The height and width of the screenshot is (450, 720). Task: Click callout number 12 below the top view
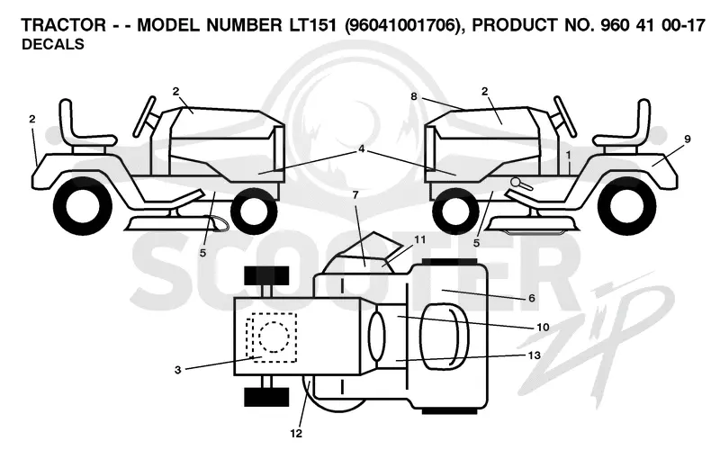tap(296, 433)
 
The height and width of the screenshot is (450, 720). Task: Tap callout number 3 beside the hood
tap(178, 370)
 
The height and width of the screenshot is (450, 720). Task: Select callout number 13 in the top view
tap(535, 355)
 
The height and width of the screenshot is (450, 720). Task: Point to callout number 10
tap(543, 327)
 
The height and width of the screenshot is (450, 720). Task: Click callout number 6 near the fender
tap(532, 298)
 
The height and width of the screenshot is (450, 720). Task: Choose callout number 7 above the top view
tap(355, 194)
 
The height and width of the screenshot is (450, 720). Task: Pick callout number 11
tap(419, 239)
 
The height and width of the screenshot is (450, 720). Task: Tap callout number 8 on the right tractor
tap(414, 96)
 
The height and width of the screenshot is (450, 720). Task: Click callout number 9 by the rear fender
tap(688, 139)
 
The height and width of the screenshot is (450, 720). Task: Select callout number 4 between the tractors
tap(362, 148)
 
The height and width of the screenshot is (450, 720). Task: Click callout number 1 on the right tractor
tap(569, 155)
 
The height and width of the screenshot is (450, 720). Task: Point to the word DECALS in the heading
tap(53, 44)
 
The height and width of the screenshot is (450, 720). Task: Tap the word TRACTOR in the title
tap(64, 25)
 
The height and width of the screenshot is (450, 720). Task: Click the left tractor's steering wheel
tap(144, 116)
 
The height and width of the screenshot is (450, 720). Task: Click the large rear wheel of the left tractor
tap(83, 205)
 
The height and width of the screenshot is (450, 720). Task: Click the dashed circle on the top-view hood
tap(274, 337)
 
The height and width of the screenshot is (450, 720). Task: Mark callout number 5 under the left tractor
tap(203, 253)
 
